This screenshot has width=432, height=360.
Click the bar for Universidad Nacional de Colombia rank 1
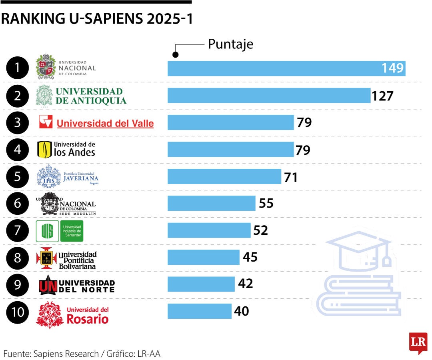pos(286,68)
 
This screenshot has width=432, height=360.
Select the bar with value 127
pos(269,96)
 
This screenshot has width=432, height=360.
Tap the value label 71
pos(291,177)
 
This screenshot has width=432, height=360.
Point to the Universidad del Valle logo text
pos(105,124)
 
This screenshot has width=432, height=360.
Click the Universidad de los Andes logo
pos(66,149)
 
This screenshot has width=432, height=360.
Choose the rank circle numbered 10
pos(18,311)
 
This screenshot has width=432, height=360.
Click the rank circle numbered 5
pos(18,176)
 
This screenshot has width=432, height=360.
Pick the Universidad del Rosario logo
pos(72,315)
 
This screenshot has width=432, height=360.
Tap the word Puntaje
pos(230,44)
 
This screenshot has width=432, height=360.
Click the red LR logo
pos(418,342)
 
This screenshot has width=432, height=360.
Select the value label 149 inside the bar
pos(392,68)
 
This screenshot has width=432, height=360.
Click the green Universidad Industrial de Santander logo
pos(60,231)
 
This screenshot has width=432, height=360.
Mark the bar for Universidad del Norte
pos(201,284)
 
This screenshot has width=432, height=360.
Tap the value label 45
pos(250,257)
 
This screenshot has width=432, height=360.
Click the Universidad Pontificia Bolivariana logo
pos(66,258)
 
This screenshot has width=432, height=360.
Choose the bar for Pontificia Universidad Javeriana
pos(224,176)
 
